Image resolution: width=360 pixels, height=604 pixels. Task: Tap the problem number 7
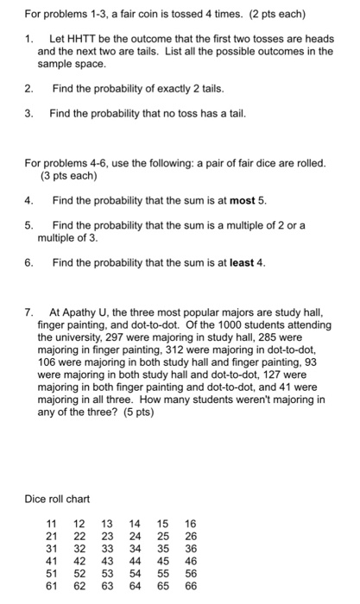pyautogui.click(x=28, y=311)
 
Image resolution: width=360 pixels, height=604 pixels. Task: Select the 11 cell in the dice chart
pyautogui.click(x=52, y=524)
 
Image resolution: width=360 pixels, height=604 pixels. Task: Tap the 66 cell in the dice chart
pyautogui.click(x=190, y=584)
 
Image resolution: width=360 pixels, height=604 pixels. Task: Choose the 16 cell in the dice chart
pyautogui.click(x=190, y=524)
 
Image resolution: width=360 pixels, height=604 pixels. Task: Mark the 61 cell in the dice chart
pyautogui.click(x=52, y=584)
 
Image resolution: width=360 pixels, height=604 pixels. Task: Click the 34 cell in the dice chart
pyautogui.click(x=135, y=548)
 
